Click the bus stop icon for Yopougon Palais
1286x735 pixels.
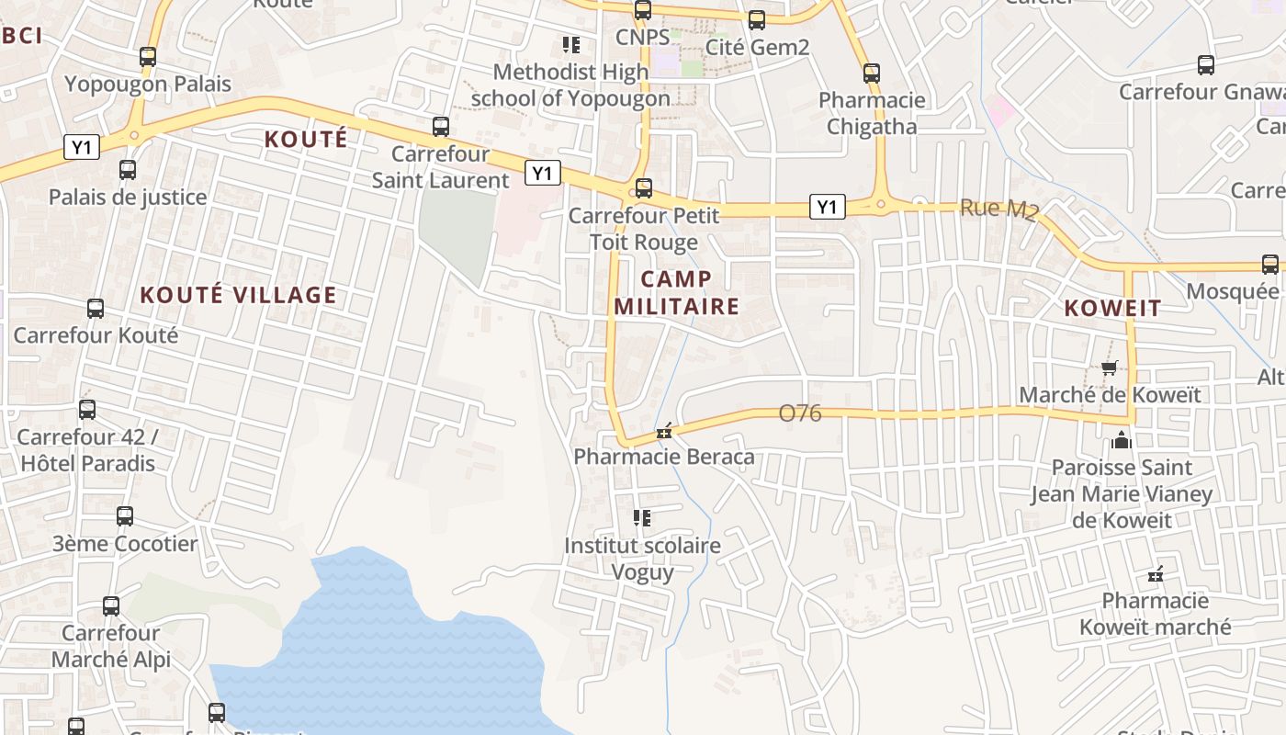[148, 57]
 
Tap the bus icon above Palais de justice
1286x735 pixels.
[128, 170]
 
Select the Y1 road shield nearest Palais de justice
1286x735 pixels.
[82, 147]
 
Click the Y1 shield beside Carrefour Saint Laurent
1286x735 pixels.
[543, 173]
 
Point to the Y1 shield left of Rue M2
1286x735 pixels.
[827, 208]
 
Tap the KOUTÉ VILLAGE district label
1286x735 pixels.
[238, 295]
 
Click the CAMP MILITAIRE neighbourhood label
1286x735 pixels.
[676, 293]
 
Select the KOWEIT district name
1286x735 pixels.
[1112, 309]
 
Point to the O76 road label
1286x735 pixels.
[800, 413]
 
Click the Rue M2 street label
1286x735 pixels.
[998, 209]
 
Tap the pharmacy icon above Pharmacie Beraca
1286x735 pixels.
[664, 431]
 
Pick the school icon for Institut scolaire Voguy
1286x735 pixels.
[642, 518]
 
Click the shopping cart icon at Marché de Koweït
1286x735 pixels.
[1110, 368]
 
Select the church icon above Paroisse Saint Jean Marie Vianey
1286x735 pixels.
[1121, 441]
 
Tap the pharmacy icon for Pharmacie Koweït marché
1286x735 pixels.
[1156, 575]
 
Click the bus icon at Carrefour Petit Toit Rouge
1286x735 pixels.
[644, 188]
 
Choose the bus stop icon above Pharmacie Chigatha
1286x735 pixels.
[872, 73]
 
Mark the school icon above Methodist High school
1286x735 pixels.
[570, 44]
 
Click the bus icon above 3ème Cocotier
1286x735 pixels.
[125, 516]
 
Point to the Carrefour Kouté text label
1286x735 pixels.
[96, 335]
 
